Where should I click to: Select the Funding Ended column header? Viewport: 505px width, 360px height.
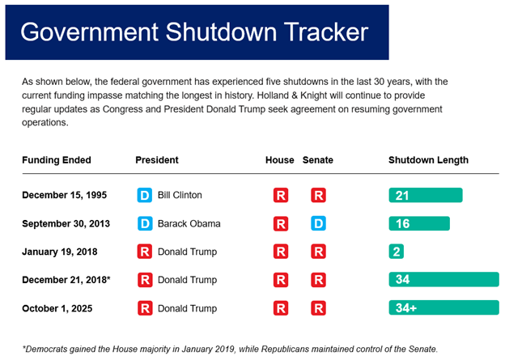click(57, 160)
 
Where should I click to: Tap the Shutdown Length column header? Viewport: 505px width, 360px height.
click(428, 160)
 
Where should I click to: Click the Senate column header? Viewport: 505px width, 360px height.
click(317, 160)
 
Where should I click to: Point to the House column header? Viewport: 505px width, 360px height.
click(279, 160)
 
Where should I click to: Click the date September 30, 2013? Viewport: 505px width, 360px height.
click(67, 223)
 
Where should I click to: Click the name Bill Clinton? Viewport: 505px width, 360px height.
click(180, 195)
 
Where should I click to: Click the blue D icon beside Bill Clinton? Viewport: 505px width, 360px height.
click(145, 195)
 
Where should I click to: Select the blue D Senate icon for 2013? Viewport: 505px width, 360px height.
click(318, 223)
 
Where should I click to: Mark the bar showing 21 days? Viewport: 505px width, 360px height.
click(425, 196)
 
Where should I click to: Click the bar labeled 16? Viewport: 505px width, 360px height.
click(419, 224)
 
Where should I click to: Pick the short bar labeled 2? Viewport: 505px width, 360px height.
click(396, 252)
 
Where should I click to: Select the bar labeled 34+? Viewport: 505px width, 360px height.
click(443, 307)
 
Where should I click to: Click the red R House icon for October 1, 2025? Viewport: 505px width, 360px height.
click(280, 307)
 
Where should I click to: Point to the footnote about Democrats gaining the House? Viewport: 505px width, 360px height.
click(230, 347)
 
